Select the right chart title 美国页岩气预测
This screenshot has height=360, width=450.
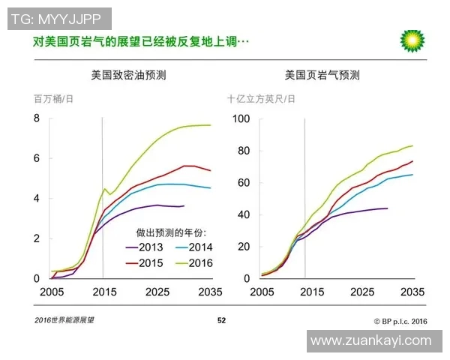[x=322, y=76]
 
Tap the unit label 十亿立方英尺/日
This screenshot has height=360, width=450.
[x=261, y=98]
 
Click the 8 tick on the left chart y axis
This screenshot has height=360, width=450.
[x=36, y=119]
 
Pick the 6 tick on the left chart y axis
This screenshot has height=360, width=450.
[x=36, y=159]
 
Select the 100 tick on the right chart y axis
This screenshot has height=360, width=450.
[x=241, y=119]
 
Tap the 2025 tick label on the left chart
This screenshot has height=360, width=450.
[x=157, y=292]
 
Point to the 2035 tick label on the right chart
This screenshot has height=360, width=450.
[x=413, y=292]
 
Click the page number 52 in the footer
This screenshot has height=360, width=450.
[x=221, y=320]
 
